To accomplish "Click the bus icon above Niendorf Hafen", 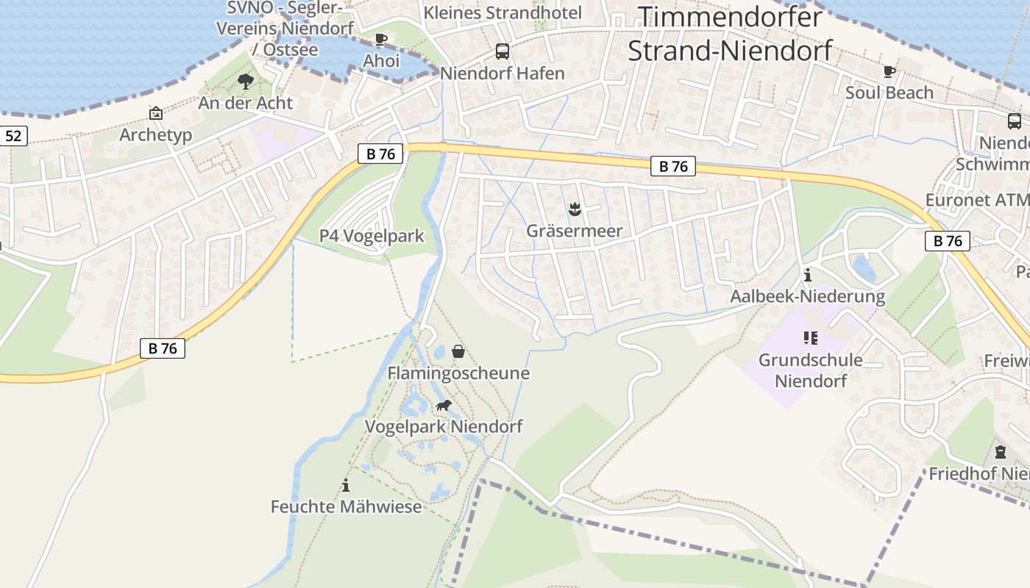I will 502,51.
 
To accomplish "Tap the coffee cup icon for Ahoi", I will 380,40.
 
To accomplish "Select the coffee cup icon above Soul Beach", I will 889,72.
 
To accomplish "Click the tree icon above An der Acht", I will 245,82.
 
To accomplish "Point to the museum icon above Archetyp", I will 155,113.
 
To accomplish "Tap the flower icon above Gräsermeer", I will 575,209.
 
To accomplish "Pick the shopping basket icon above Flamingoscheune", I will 458,352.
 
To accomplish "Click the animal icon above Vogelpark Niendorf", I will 443,405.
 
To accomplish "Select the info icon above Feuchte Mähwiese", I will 346,485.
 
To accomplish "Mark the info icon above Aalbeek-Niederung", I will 808,276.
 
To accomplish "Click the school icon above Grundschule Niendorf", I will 810,338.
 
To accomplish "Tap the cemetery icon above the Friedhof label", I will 1000,452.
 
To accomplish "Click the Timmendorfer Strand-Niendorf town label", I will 729,33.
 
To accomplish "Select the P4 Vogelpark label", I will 372,236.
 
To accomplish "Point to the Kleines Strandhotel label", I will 502,12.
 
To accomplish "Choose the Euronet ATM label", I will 977,200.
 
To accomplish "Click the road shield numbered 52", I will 14,135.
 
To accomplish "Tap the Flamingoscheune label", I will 458,373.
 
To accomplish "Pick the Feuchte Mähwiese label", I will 346,506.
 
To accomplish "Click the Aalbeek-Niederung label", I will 807,296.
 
